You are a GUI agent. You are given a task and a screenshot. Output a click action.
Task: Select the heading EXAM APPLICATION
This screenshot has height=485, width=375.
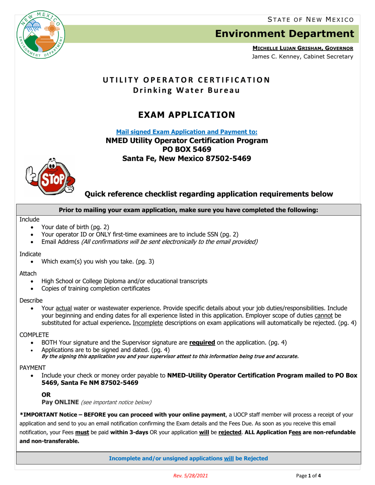point(187,115)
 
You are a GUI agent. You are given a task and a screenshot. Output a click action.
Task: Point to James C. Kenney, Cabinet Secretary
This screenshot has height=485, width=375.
point(303,57)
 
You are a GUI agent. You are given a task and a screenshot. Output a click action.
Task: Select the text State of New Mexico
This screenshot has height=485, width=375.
point(310,19)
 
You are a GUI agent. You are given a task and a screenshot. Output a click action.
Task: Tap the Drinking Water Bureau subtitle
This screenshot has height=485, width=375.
point(187,90)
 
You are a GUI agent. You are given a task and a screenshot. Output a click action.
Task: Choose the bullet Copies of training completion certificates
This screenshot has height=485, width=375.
point(96,289)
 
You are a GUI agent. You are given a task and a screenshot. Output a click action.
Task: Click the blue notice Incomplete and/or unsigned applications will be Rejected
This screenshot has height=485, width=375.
point(188,459)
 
